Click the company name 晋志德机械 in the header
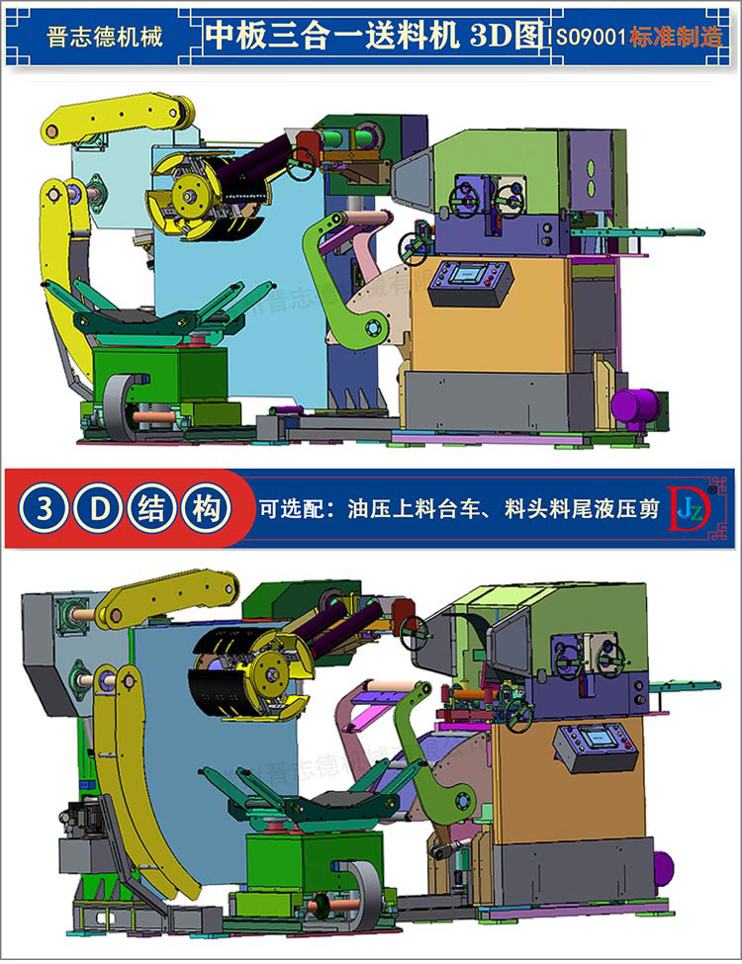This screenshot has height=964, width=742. [x=105, y=37]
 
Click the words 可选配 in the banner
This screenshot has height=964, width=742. [x=287, y=510]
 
